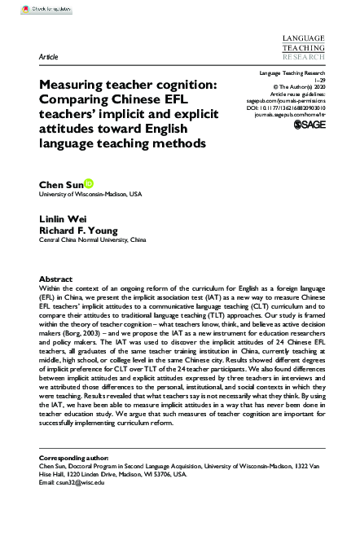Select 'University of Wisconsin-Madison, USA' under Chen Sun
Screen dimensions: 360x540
90,195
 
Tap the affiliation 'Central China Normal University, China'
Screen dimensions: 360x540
93,241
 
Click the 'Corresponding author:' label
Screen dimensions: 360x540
79,457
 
